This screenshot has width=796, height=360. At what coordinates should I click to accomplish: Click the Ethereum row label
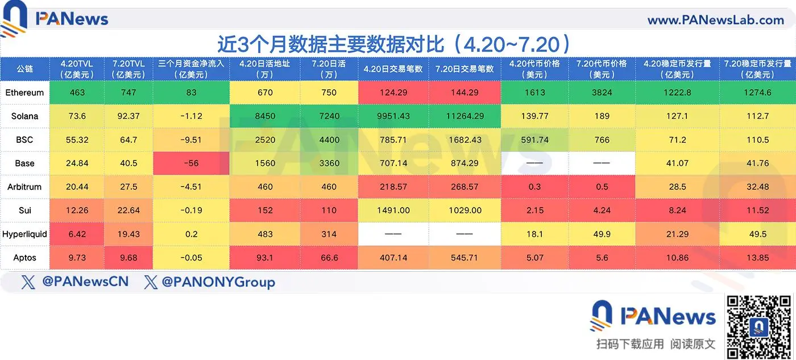point(24,92)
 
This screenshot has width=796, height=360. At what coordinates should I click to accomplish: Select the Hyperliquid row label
point(24,234)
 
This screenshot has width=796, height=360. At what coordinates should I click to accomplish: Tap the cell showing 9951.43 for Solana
point(393,116)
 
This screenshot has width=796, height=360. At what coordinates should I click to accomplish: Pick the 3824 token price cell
point(602,92)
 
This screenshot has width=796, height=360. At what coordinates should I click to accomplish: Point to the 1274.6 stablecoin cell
point(757,92)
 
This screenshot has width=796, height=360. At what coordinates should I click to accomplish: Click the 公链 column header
point(24,69)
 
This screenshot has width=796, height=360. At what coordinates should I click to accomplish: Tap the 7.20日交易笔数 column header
point(465,69)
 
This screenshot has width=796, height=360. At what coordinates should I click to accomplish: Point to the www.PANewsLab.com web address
point(716,20)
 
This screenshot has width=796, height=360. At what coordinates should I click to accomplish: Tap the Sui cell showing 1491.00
point(393,210)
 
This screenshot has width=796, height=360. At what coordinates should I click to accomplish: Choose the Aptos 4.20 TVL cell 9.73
point(77,258)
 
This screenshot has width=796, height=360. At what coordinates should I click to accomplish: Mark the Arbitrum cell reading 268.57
point(465,187)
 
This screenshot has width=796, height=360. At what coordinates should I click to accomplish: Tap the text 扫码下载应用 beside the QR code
point(630,344)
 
